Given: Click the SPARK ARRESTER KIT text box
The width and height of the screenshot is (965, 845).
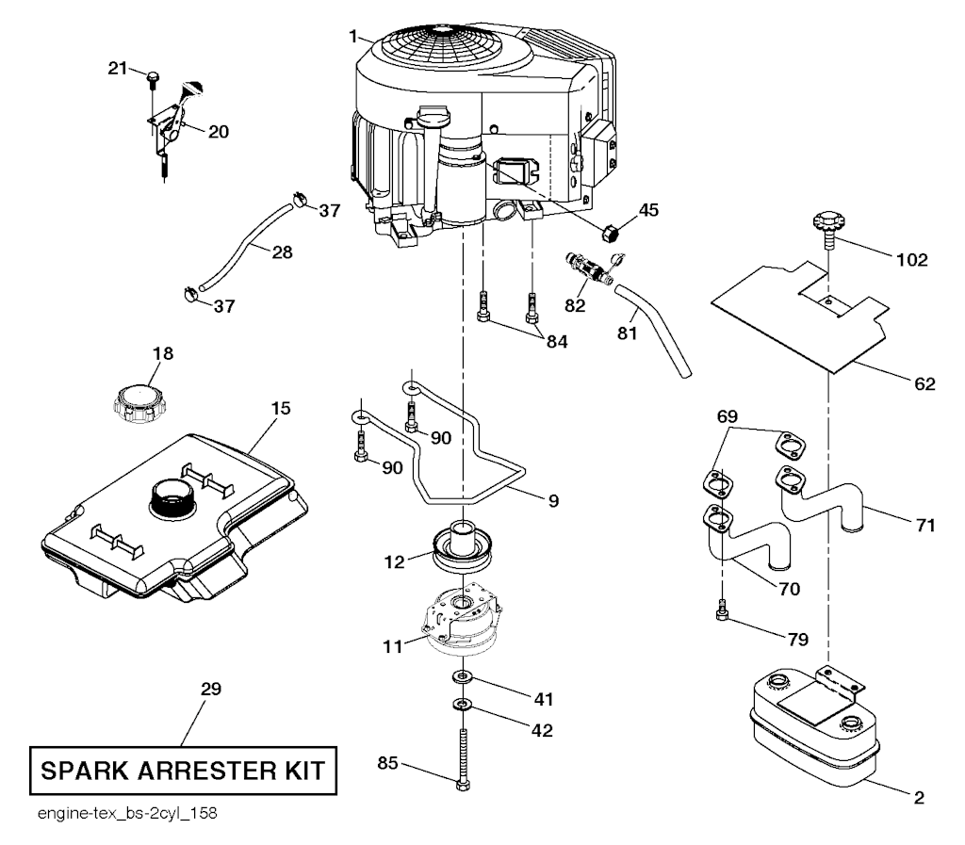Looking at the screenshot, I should [x=182, y=772].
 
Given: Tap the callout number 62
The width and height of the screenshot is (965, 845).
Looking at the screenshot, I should [x=924, y=383].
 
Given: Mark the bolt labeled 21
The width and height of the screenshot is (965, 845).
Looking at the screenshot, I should [x=151, y=76].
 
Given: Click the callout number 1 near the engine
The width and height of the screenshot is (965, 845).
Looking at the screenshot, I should [x=352, y=37].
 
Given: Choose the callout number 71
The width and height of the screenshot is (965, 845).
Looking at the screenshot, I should [x=924, y=525].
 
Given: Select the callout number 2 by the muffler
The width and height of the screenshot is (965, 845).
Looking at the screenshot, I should [x=918, y=797].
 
